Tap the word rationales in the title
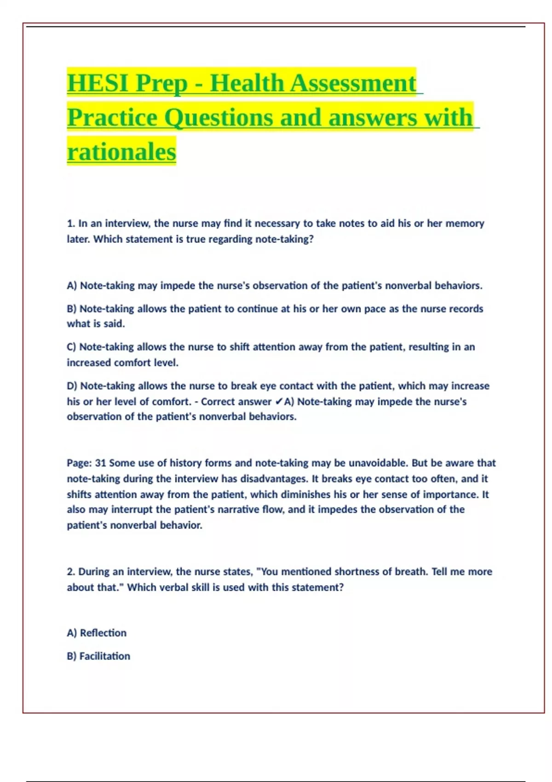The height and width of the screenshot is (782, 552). click(121, 152)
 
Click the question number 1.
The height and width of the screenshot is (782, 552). click(71, 224)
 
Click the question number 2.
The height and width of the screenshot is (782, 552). click(71, 572)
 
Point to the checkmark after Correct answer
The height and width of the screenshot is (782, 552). click(279, 402)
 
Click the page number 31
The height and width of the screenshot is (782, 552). click(100, 463)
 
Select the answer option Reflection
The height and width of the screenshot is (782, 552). click(103, 633)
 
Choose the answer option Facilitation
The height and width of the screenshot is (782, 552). click(105, 656)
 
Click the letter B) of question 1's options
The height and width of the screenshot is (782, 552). click(72, 309)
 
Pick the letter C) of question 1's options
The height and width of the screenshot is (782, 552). click(72, 347)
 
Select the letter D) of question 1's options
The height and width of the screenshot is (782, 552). click(72, 386)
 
